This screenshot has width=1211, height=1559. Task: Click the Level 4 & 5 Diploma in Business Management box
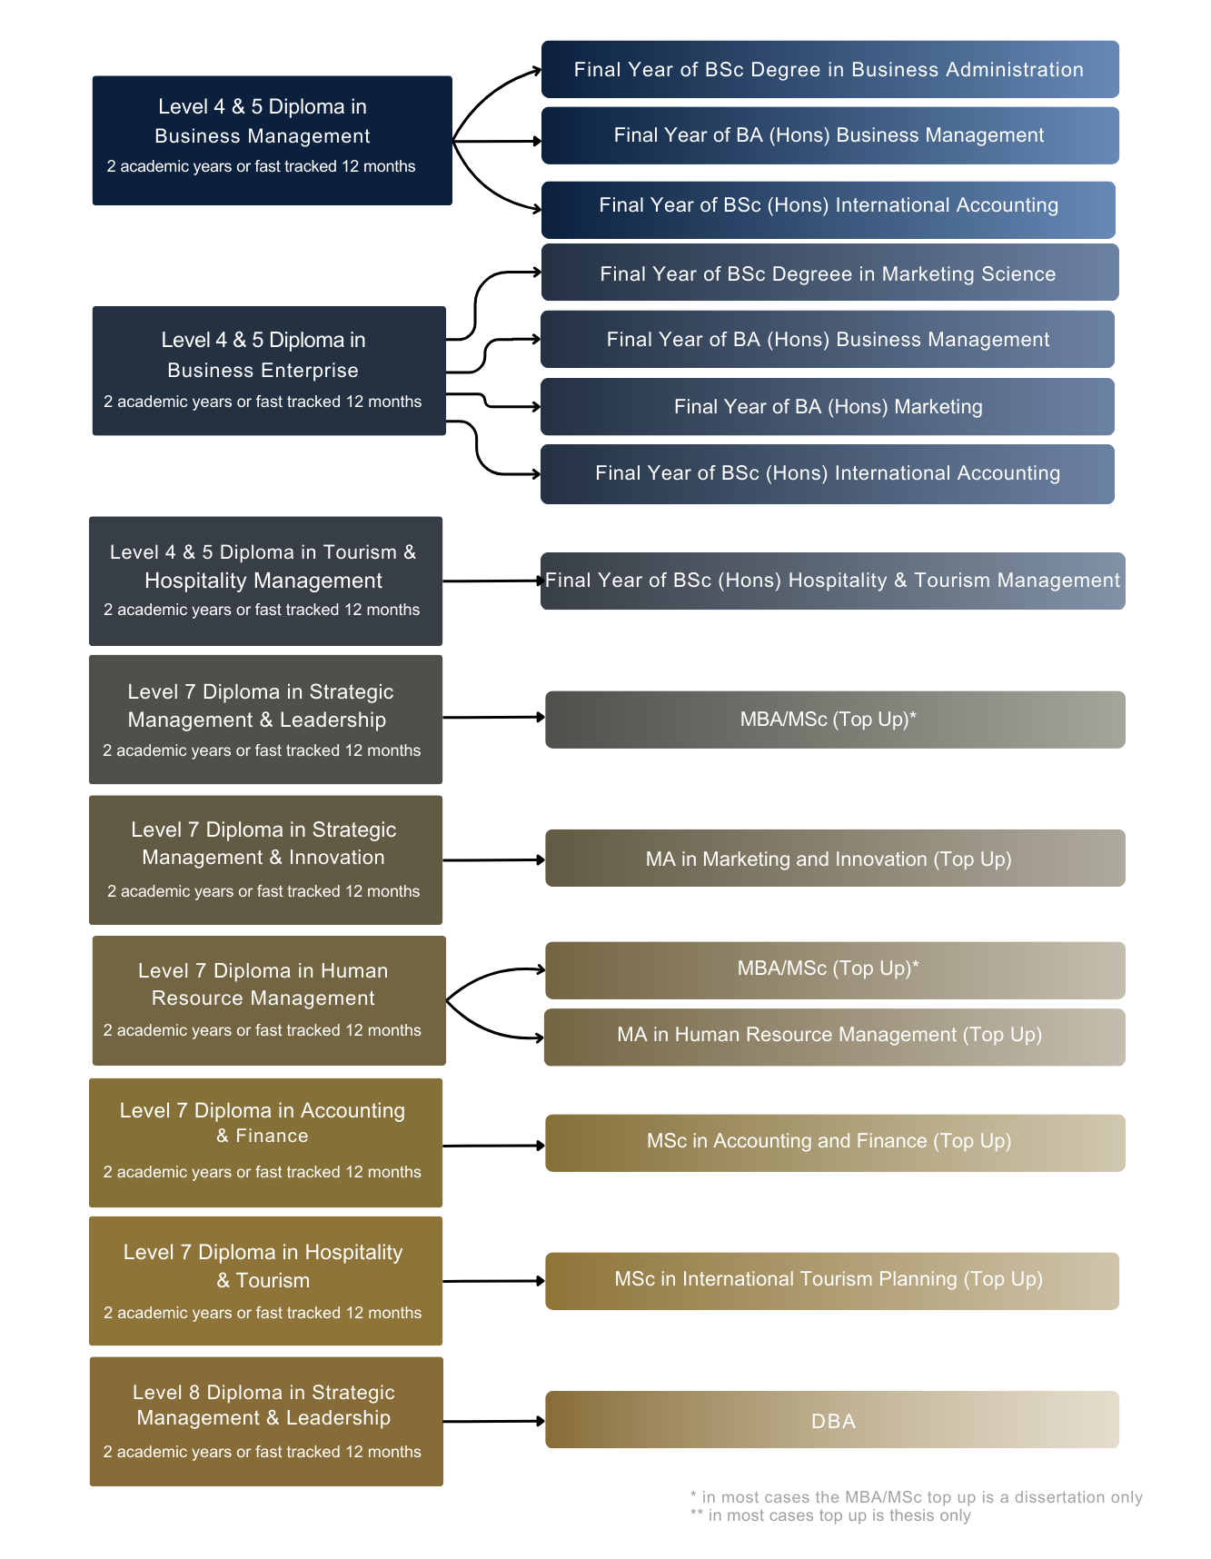272,140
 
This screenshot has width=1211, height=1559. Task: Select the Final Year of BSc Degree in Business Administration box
829,69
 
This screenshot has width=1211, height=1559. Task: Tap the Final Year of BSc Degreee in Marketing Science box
829,272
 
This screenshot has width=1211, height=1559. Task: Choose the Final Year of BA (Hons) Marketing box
828,406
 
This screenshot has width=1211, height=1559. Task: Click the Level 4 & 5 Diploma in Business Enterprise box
269,371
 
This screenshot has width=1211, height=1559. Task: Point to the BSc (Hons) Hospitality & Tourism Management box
833,581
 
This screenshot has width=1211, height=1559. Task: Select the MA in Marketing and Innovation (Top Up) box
835,858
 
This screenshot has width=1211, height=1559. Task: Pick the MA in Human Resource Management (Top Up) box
835,1037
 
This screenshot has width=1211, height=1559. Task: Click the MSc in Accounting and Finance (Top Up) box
835,1143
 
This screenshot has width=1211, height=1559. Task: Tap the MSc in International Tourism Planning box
832,1281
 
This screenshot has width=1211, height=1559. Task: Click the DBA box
832,1419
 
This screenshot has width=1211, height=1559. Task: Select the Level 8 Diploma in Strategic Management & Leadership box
266,1422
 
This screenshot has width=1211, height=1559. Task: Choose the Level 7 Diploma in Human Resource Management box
269,1000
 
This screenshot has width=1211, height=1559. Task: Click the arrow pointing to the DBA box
494,1421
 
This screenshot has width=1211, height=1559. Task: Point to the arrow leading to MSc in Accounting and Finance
494,1146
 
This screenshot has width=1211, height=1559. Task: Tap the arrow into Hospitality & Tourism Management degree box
493,581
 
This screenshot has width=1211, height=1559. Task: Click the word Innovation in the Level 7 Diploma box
337,858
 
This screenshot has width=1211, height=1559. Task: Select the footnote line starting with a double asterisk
830,1515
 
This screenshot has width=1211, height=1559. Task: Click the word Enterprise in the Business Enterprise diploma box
311,371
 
